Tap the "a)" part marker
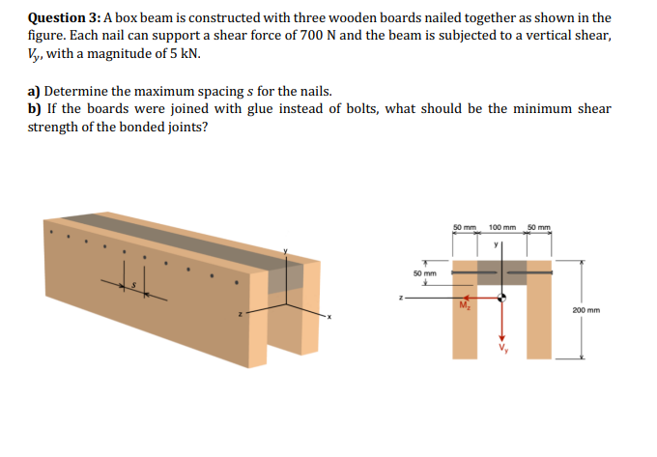pyautogui.click(x=35, y=92)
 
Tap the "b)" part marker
pyautogui.click(x=35, y=109)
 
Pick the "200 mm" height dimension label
pyautogui.click(x=586, y=311)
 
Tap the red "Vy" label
pyautogui.click(x=502, y=347)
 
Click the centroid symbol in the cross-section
pyautogui.click(x=501, y=298)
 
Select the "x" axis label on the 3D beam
pyautogui.click(x=328, y=317)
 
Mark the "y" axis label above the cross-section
pyautogui.click(x=496, y=244)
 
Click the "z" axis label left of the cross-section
pyautogui.click(x=400, y=297)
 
